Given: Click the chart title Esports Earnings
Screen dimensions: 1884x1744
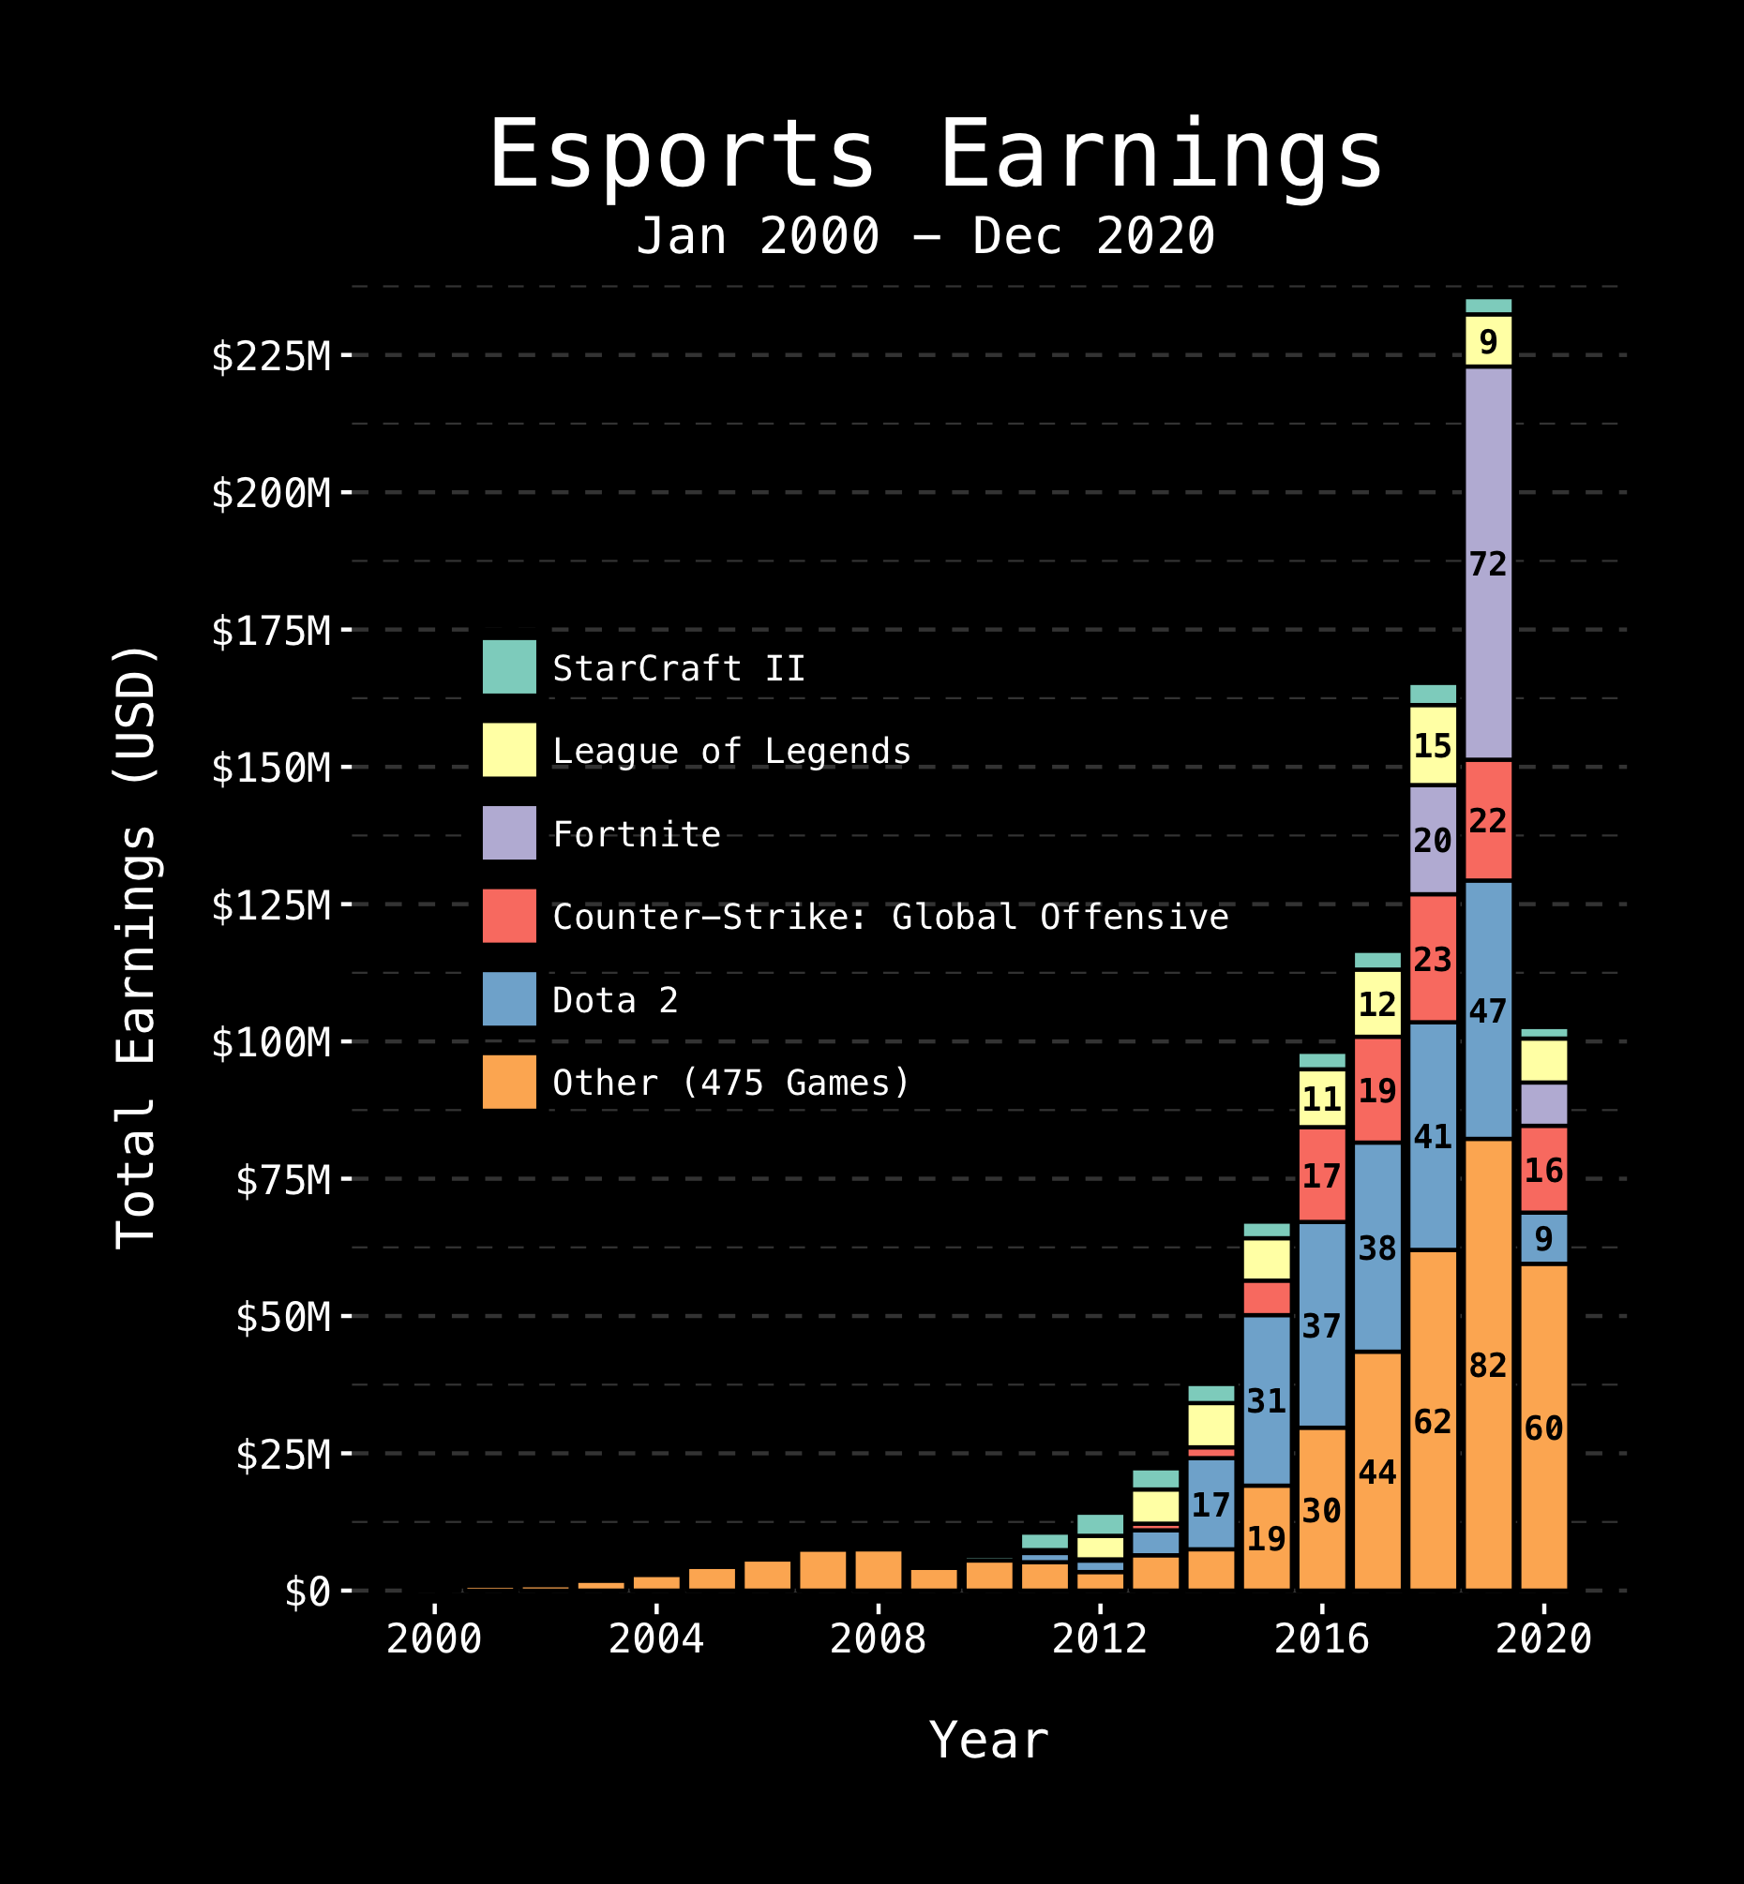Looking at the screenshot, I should pyautogui.click(x=935, y=156).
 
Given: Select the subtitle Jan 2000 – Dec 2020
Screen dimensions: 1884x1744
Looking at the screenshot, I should pyautogui.click(x=925, y=236).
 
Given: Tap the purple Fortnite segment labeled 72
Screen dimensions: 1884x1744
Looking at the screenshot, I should pyautogui.click(x=1488, y=564).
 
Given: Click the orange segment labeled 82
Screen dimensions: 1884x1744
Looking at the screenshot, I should pyautogui.click(x=1488, y=1365).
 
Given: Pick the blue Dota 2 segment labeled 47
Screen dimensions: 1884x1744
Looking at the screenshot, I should pyautogui.click(x=1488, y=1010).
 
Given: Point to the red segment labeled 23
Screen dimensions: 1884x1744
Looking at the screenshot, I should pyautogui.click(x=1433, y=959).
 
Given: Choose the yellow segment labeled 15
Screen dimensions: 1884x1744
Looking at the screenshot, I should pyautogui.click(x=1433, y=745).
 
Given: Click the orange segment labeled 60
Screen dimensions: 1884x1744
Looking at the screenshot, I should pyautogui.click(x=1544, y=1428).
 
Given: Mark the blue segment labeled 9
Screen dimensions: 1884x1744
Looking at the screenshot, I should pyautogui.click(x=1544, y=1238).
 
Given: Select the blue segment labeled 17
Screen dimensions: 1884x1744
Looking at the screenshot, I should pyautogui.click(x=1210, y=1503).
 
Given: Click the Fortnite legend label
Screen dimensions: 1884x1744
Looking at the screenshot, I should pyautogui.click(x=637, y=834).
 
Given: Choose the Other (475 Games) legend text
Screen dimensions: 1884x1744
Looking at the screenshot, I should pyautogui.click(x=731, y=1082).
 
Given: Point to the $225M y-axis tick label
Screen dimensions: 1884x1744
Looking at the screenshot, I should pyautogui.click(x=271, y=356).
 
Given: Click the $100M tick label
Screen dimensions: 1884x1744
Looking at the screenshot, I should pyautogui.click(x=271, y=1042).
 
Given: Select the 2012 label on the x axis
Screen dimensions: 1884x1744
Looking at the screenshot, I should pyautogui.click(x=1100, y=1639).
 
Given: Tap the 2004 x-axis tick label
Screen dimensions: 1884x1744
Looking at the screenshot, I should pyautogui.click(x=656, y=1639).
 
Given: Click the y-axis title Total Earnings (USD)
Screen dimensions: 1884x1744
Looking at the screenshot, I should pyautogui.click(x=135, y=949).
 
